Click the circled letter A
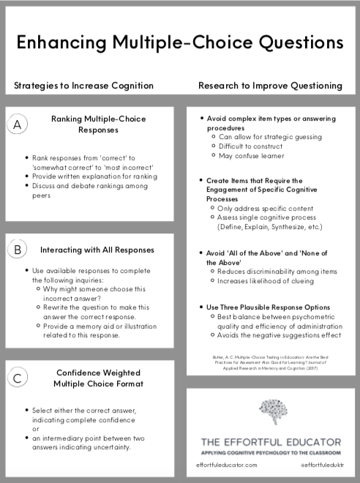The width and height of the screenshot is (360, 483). [18, 125]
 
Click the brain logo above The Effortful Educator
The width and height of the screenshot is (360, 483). [271, 414]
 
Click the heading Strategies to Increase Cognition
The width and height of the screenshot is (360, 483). [84, 86]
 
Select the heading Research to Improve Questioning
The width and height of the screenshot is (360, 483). [270, 86]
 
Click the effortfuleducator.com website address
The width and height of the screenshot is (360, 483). [226, 465]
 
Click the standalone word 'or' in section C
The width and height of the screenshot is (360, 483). [36, 429]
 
